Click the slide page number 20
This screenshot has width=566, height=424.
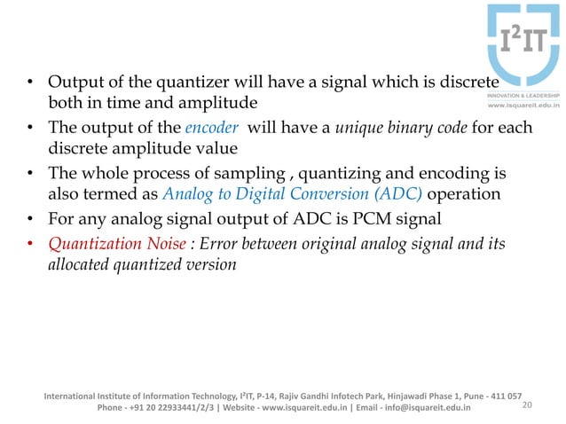click(530, 407)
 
